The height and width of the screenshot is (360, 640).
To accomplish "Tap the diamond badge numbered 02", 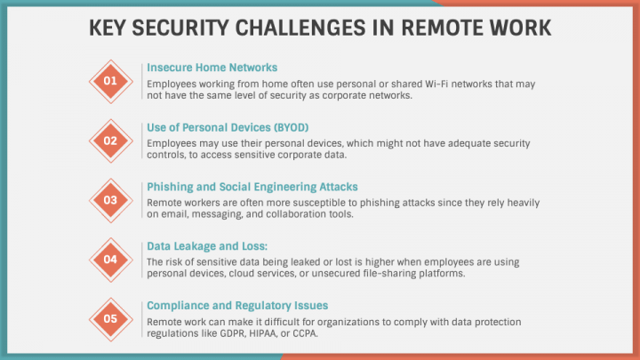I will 111,140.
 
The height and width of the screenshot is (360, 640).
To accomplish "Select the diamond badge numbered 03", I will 111,200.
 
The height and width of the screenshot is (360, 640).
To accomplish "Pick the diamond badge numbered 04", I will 111,260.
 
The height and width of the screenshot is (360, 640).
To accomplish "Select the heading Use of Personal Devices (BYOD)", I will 228,127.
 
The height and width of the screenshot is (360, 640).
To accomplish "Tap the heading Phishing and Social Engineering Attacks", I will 252,187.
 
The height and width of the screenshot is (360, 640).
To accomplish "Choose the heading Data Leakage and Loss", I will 201,245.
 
